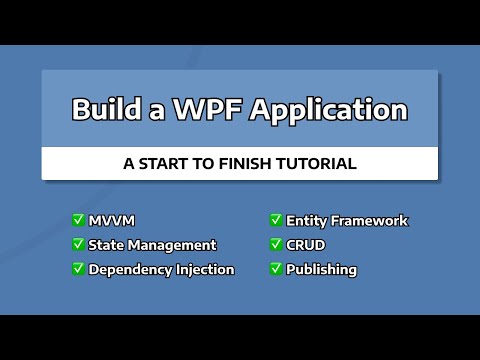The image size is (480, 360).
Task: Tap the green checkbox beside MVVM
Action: [x=78, y=220]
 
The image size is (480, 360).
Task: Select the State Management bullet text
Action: [x=152, y=245]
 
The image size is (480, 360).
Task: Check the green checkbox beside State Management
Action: [x=78, y=244]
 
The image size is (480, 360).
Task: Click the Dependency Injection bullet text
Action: [x=161, y=269]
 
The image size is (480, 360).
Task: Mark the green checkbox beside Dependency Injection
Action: [x=78, y=268]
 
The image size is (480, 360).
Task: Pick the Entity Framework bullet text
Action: [x=347, y=221]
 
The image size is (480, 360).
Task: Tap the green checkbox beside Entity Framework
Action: [x=275, y=220]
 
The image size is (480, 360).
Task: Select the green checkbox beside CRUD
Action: [x=275, y=244]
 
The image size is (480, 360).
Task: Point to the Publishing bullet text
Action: [x=321, y=269]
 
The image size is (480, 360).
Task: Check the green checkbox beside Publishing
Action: [x=275, y=268]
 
